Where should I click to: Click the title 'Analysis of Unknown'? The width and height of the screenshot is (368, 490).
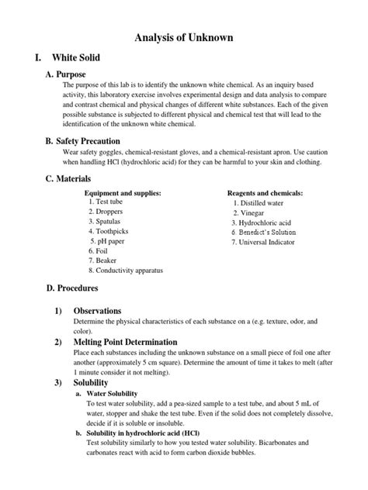point(184,36)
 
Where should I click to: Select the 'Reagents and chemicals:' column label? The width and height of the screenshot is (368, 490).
point(265,193)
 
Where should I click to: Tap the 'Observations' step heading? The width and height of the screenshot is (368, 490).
point(97,310)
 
